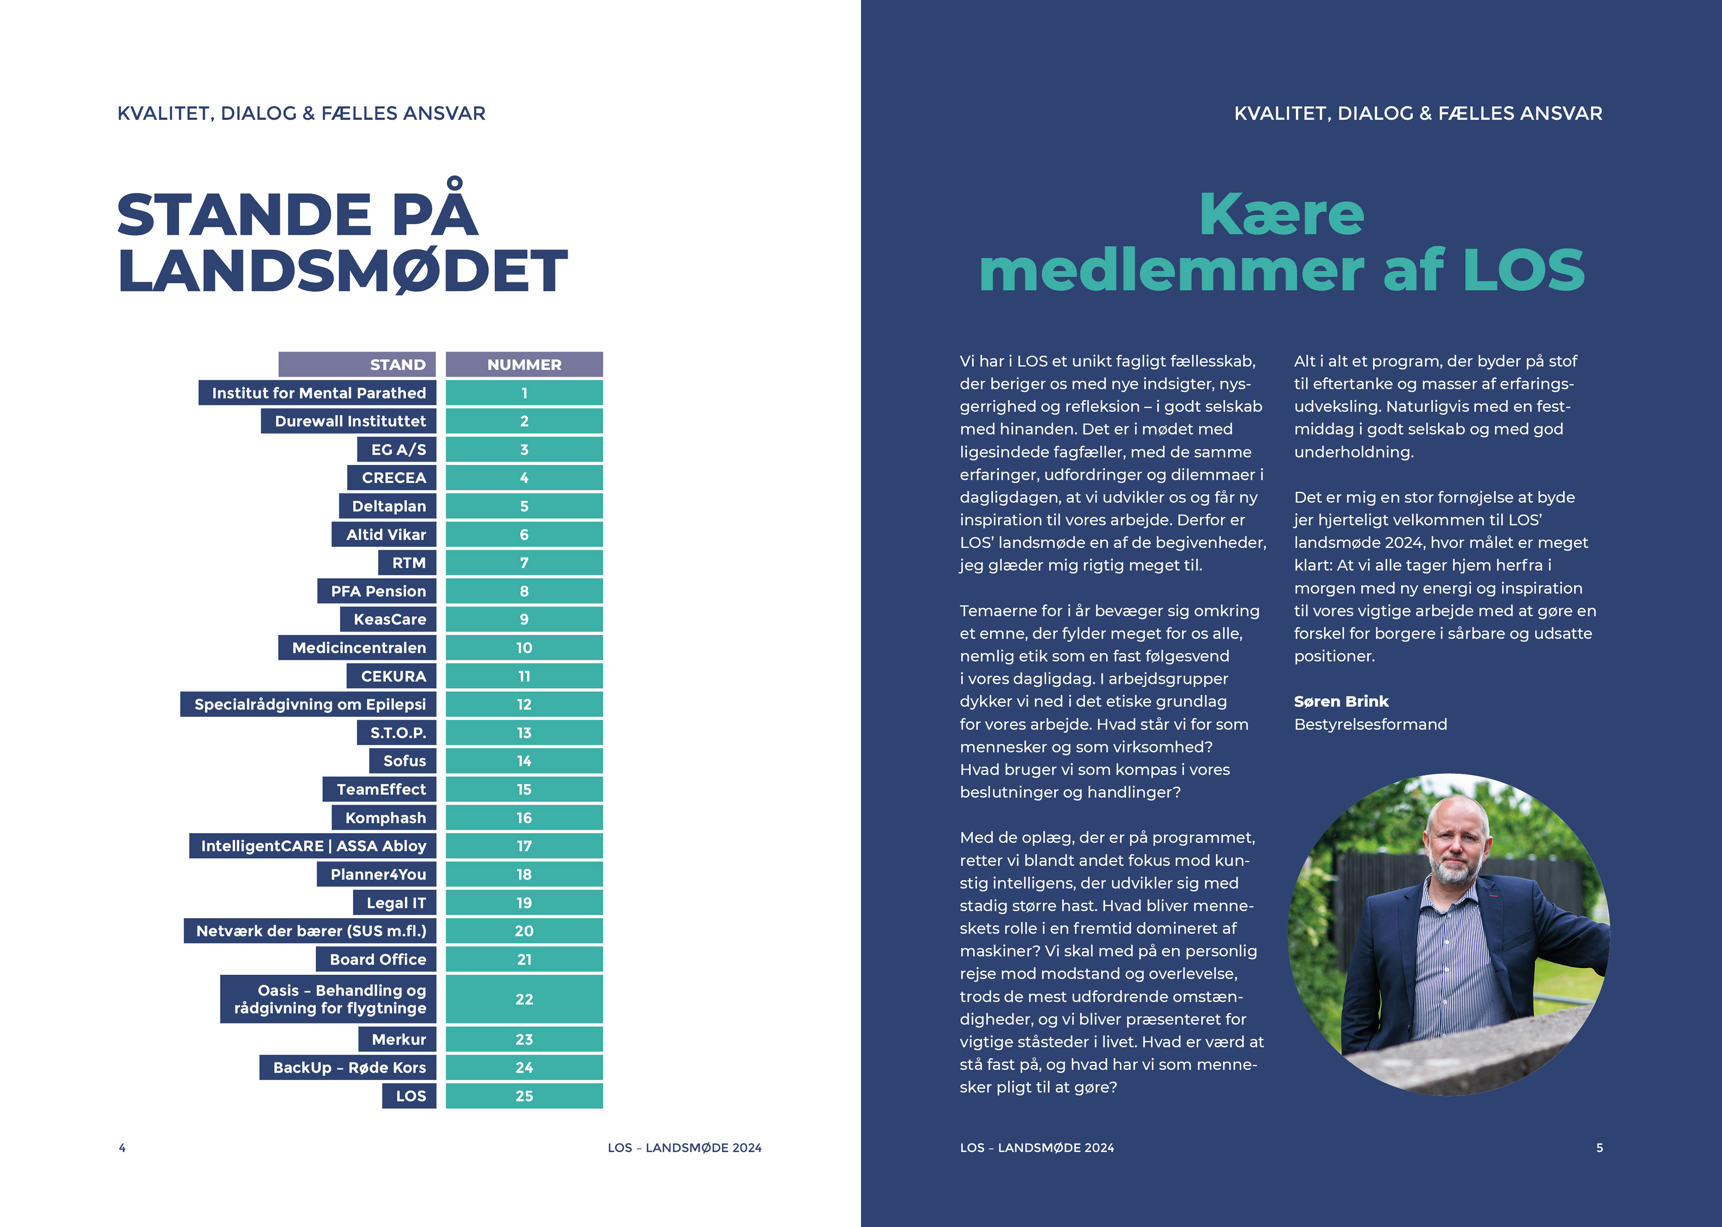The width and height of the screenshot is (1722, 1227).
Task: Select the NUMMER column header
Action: coord(524,364)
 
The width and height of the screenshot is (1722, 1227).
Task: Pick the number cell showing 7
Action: coord(524,563)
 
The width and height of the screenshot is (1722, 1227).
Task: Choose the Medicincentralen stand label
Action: coord(358,647)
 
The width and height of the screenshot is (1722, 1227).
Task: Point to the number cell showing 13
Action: coord(524,733)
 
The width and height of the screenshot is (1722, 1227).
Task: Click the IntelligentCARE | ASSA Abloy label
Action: coord(313,846)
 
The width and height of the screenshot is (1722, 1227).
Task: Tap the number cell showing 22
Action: coord(524,999)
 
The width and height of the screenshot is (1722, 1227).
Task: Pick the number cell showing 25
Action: coord(524,1096)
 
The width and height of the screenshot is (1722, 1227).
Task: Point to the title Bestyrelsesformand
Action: coord(1370,724)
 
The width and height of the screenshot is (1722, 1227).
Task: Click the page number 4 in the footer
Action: coord(122,1148)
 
